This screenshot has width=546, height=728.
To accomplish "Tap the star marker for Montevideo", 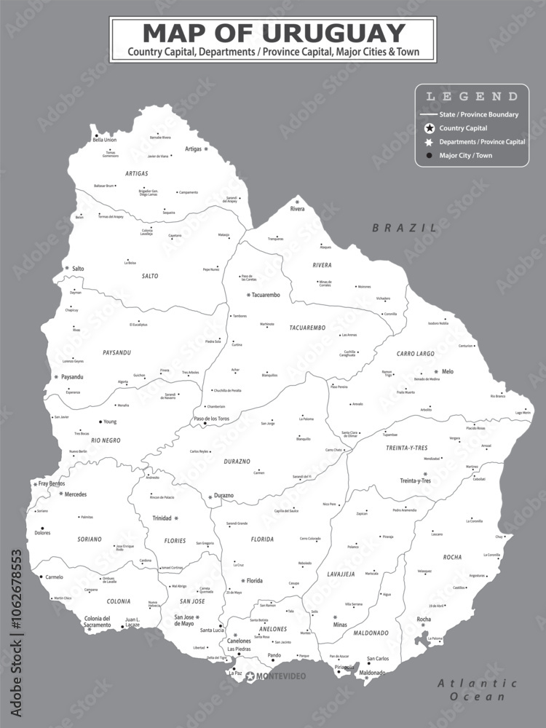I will coord(250,676).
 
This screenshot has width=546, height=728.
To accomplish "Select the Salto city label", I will coord(78,269).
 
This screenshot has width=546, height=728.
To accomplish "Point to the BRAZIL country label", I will coord(405,228).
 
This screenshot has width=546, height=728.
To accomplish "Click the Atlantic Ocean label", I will coord(477,689).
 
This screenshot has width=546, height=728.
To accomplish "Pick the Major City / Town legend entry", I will coord(465,155).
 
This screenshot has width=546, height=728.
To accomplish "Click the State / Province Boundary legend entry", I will coord(478,114).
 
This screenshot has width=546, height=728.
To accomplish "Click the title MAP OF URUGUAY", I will coord(273,33).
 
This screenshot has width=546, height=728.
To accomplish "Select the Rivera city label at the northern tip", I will coord(298,209).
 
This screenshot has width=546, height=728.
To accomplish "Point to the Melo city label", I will coord(448,372).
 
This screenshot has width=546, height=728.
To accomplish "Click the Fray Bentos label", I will coord(52,483).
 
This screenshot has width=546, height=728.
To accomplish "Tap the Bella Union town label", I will coord(105,140).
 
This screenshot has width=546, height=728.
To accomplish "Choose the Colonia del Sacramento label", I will coord(98,622).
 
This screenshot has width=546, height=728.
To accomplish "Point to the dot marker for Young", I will coord(100,422).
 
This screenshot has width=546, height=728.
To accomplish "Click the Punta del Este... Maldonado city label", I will coord(372,673).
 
